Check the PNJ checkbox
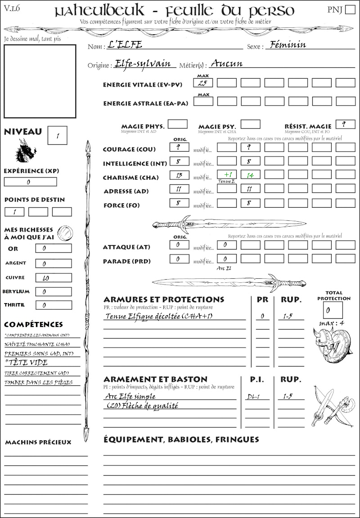coord(349,9)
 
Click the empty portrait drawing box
coord(40,81)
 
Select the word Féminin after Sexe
coord(286,45)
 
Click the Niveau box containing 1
coord(57,135)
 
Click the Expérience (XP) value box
coord(30,182)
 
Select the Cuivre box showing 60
coord(53,278)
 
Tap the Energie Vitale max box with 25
coord(203,83)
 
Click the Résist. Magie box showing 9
coord(345,124)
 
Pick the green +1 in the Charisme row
coord(226,174)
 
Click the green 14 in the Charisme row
coord(250,174)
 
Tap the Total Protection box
coord(333,310)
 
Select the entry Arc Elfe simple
coord(130,396)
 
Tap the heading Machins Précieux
coord(38,442)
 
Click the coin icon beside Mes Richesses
coord(65,233)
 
